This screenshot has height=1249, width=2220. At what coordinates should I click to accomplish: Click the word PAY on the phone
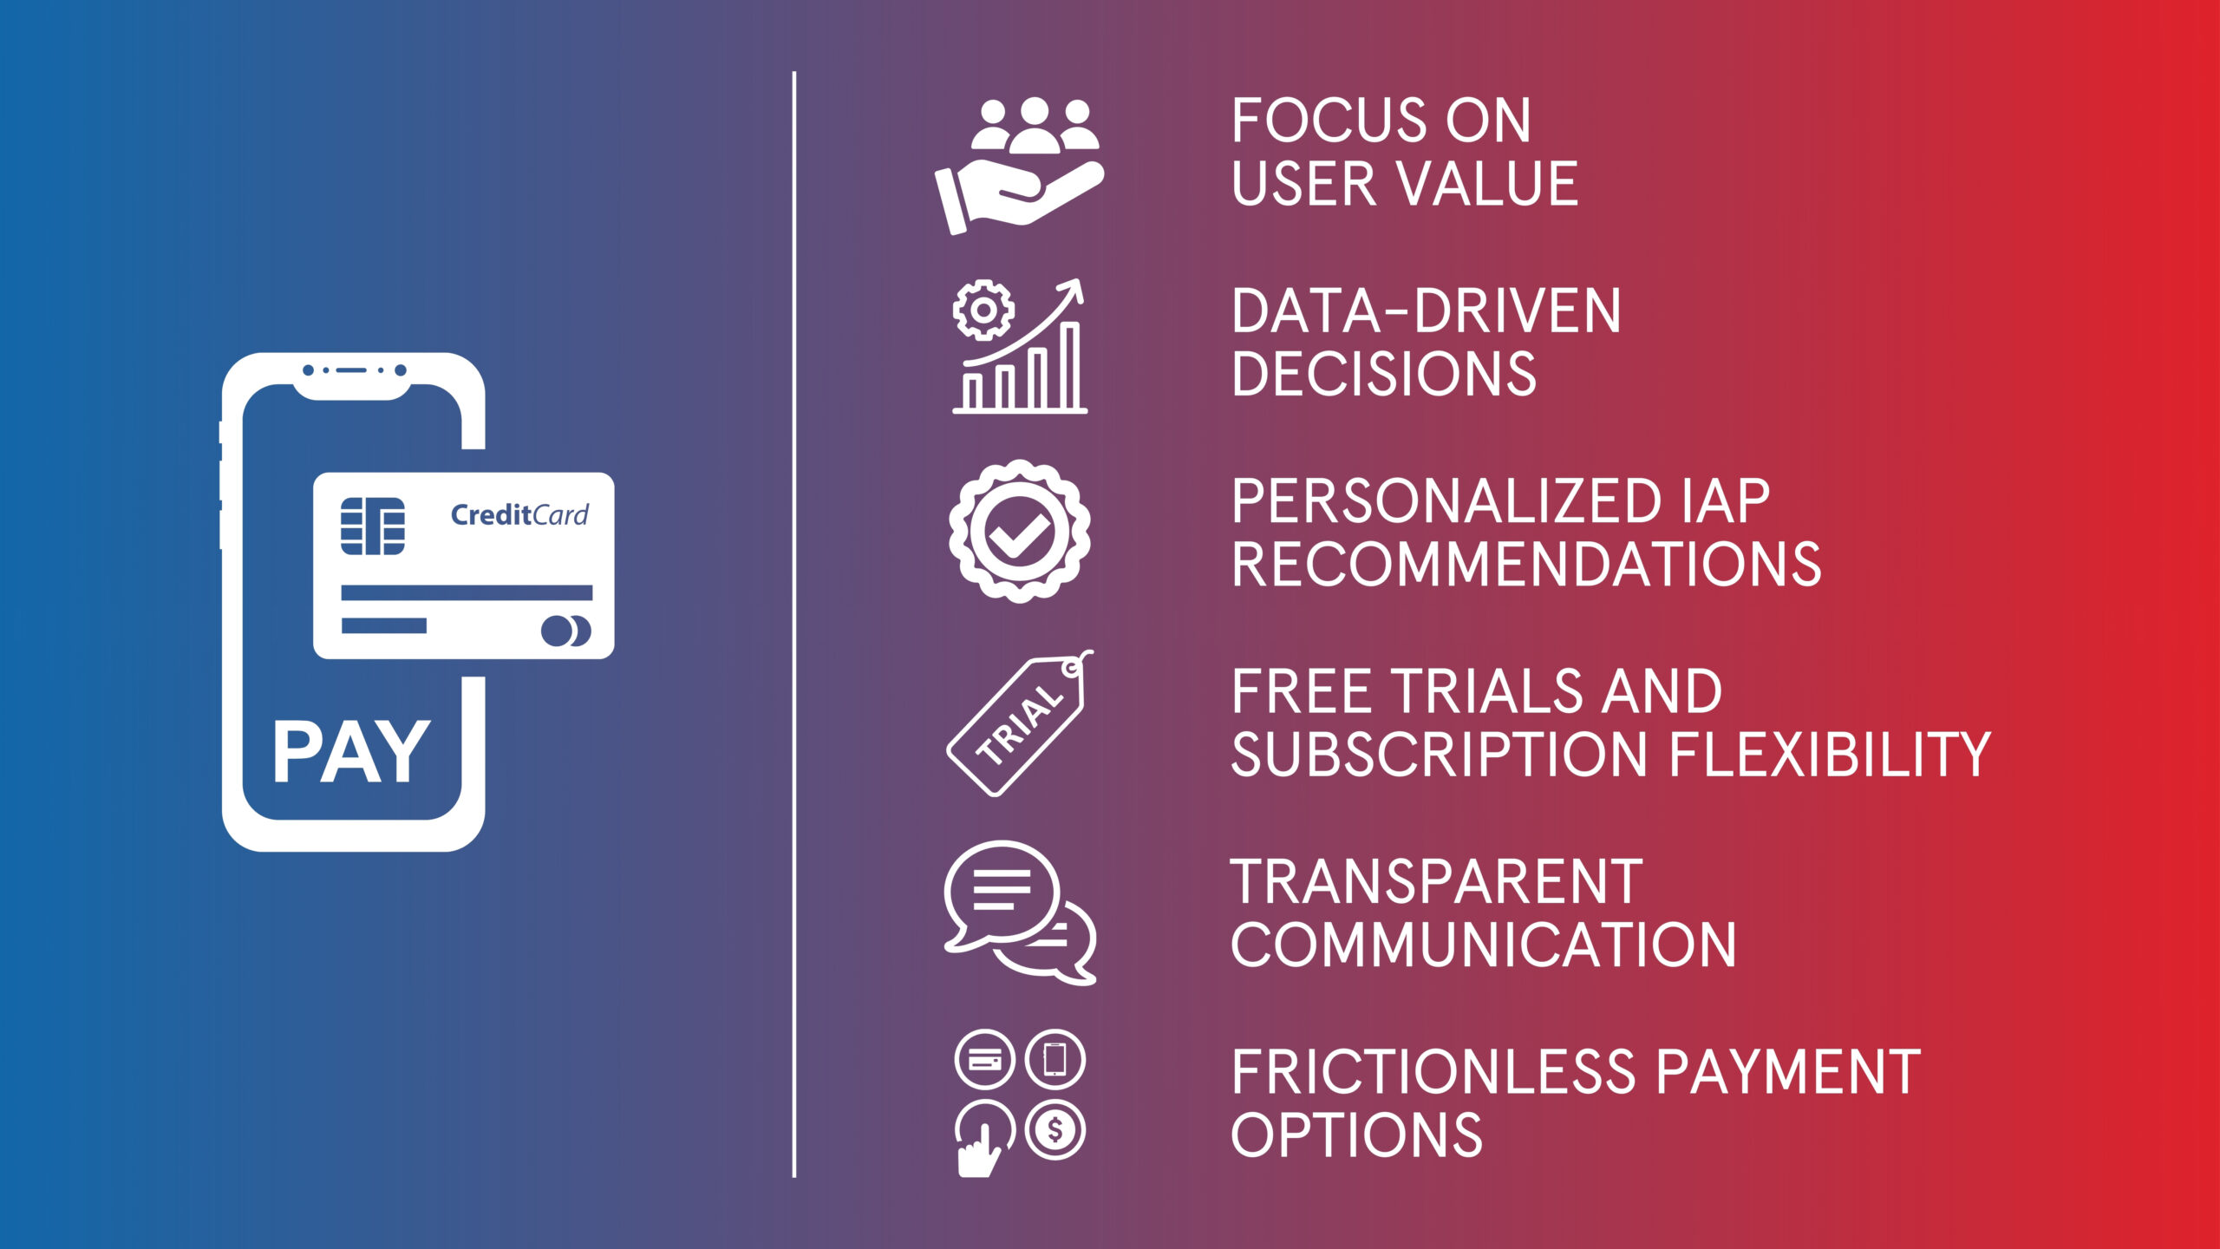click(x=351, y=752)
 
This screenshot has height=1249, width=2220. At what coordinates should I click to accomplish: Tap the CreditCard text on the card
click(x=519, y=515)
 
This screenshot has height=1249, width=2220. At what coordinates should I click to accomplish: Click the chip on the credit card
click(x=372, y=526)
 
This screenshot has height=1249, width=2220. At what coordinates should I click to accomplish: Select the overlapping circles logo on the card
click(x=565, y=631)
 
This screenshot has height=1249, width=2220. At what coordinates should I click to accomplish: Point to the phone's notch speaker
click(x=350, y=370)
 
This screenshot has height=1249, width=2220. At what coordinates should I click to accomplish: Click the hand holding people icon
click(x=1020, y=166)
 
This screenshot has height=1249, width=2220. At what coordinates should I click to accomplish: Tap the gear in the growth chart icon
click(x=983, y=310)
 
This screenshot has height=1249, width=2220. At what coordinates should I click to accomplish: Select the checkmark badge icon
click(x=1020, y=531)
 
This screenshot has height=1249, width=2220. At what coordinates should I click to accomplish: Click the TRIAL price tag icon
click(x=1020, y=723)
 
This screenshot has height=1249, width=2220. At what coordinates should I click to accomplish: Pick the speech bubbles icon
click(x=1020, y=912)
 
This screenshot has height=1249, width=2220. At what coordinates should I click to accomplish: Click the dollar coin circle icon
click(x=1055, y=1130)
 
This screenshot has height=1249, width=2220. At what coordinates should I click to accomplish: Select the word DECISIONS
click(x=1384, y=374)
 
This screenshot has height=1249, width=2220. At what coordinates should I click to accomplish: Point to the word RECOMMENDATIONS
click(x=1526, y=565)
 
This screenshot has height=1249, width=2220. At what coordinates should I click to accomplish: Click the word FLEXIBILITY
click(x=1830, y=754)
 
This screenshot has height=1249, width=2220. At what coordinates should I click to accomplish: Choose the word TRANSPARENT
click(x=1437, y=882)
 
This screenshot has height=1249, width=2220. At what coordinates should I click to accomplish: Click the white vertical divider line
click(x=794, y=624)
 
